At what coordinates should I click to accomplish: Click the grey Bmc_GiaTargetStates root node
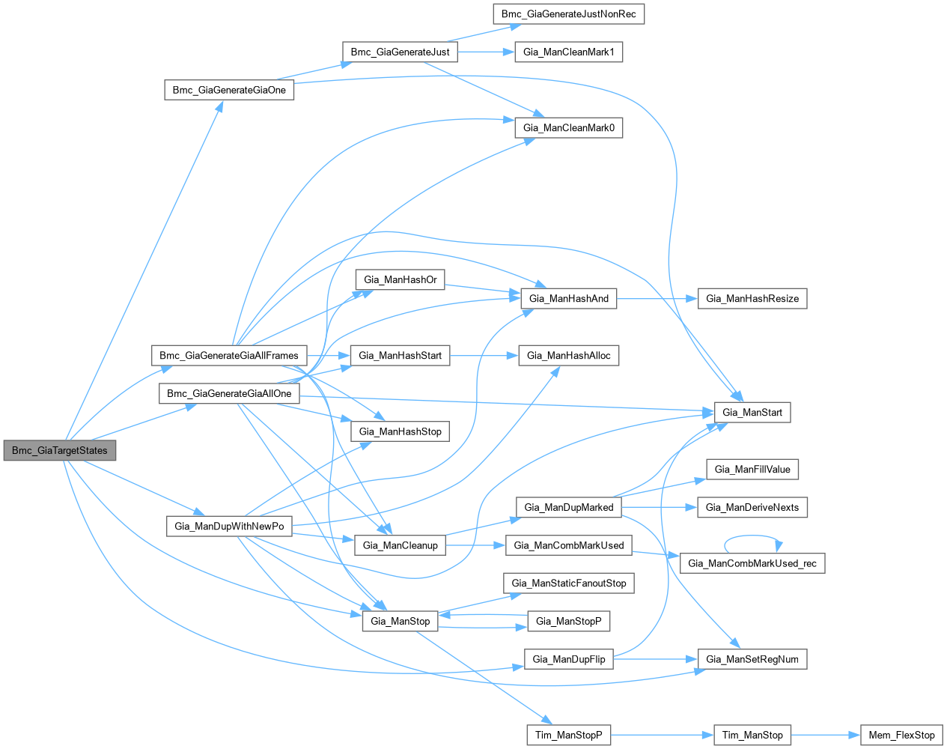pos(60,451)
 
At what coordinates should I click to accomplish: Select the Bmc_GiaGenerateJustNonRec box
pos(568,14)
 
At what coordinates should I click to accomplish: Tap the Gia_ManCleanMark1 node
pos(568,52)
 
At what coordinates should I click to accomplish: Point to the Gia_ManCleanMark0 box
pos(568,128)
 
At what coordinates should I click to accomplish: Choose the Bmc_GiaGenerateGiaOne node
pos(229,90)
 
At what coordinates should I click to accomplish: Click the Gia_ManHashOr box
pos(400,280)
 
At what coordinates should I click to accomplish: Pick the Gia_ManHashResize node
pos(752,299)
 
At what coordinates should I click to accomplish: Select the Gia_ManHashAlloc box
pos(568,356)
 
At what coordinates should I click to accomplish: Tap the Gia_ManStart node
pos(752,413)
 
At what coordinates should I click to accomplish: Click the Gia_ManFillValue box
pos(752,470)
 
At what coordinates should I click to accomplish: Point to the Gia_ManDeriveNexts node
pos(752,508)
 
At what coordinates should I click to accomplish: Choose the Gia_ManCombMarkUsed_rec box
pos(752,563)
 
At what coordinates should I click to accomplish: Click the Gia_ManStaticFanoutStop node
pos(568,583)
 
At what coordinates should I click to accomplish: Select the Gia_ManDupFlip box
pos(568,660)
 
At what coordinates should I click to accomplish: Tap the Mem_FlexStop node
pos(901,736)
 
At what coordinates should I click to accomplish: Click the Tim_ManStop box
pos(752,736)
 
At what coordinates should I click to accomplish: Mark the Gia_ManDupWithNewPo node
pos(229,527)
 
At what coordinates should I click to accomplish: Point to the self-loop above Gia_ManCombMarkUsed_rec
pos(752,536)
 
